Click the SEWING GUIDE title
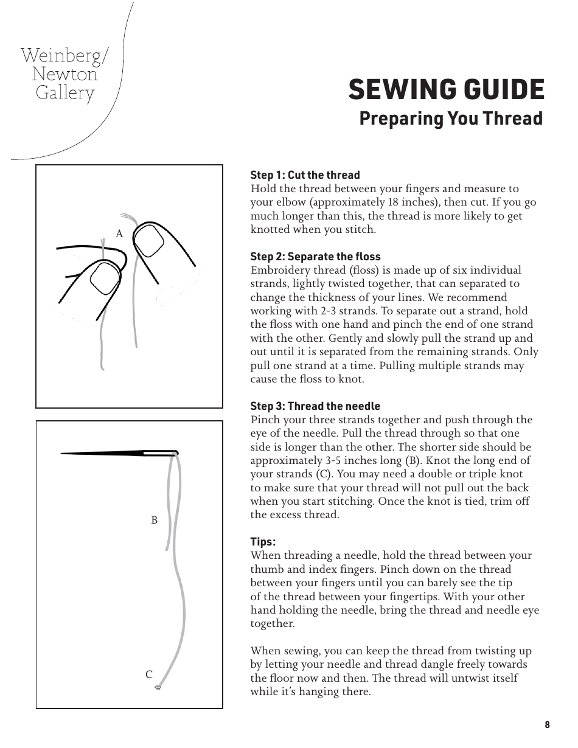click(x=446, y=90)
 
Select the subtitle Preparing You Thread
click(x=450, y=118)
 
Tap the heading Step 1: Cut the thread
click(x=305, y=175)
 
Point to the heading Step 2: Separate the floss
click(x=316, y=257)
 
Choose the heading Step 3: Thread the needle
click(x=315, y=406)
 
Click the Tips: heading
click(x=263, y=542)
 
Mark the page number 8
click(x=547, y=724)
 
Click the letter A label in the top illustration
click(x=119, y=234)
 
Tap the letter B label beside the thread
click(x=154, y=521)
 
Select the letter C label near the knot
click(x=148, y=674)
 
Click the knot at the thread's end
click(x=158, y=687)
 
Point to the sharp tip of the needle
click(x=63, y=453)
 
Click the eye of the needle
click(x=159, y=453)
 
